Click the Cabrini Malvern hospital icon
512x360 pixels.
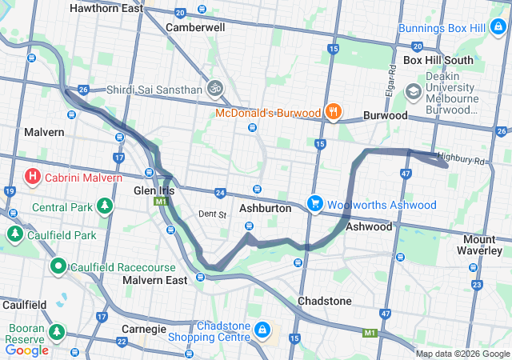tap(34, 175)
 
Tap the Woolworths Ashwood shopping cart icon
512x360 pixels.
tap(315, 203)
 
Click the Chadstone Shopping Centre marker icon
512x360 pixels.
tap(262, 329)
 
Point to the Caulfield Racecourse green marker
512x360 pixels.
tap(58, 265)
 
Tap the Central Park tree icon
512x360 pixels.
tap(104, 207)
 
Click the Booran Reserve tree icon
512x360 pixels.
tap(56, 330)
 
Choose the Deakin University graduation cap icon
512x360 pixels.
tap(413, 90)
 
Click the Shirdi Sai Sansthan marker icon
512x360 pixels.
tap(214, 88)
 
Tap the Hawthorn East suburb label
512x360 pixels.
tap(106, 9)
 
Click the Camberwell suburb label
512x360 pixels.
tap(195, 26)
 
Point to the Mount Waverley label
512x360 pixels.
tap(486, 245)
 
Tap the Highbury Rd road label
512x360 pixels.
tap(462, 161)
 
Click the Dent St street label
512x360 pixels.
tap(213, 214)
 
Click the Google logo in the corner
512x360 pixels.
tap(27, 350)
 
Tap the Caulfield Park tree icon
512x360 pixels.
tap(14, 234)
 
